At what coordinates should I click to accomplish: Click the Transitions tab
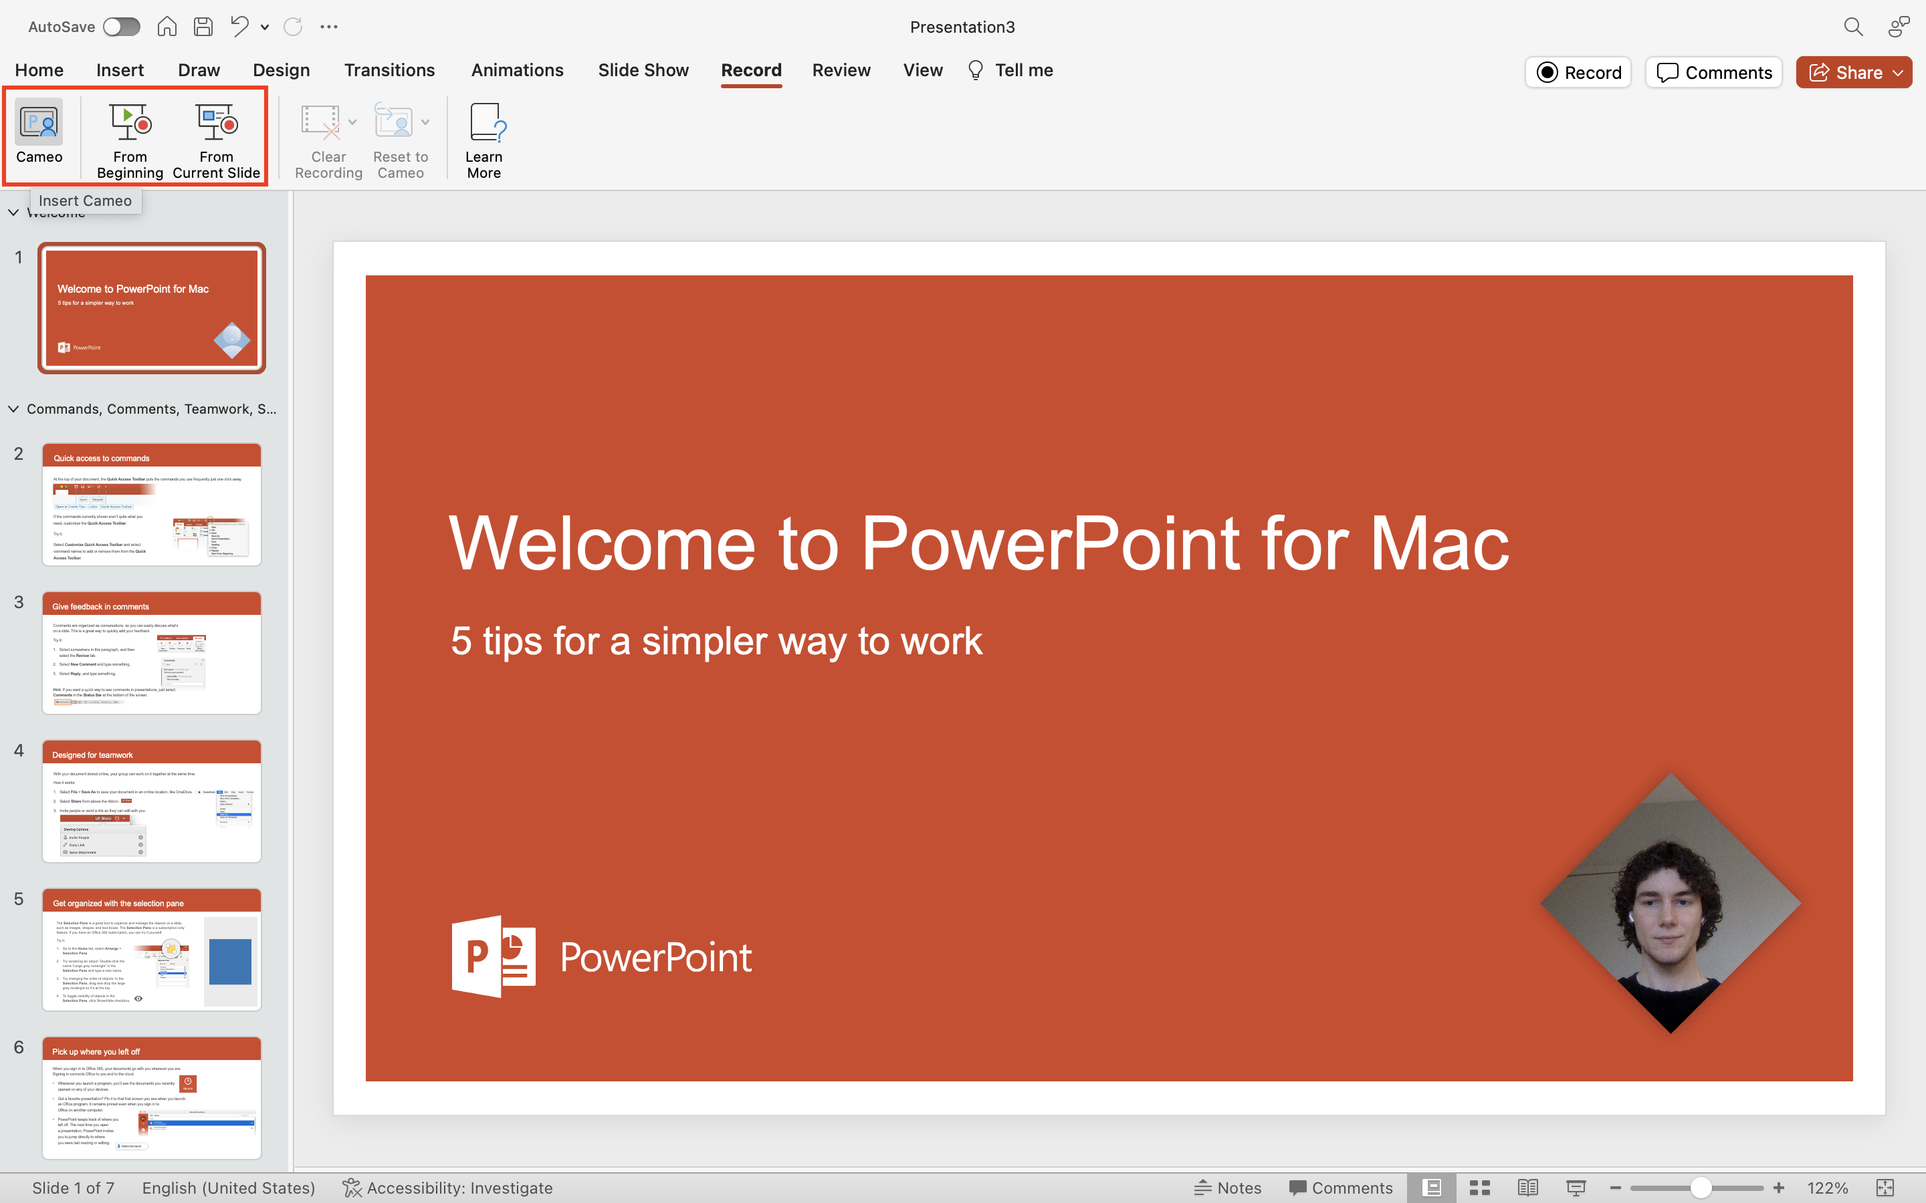(x=389, y=70)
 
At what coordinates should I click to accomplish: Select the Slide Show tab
(x=643, y=70)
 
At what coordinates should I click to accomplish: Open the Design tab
(x=281, y=70)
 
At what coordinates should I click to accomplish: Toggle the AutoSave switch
(x=121, y=27)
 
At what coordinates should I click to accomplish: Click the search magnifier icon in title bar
(x=1853, y=27)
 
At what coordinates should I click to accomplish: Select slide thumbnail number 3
(x=151, y=652)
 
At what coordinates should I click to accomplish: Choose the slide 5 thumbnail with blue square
(x=151, y=949)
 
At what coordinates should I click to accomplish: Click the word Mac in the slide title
(x=1439, y=544)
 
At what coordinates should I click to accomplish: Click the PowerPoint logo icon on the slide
(x=494, y=956)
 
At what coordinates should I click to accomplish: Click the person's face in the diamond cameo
(x=1670, y=907)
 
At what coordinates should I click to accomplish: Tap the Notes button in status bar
(x=1228, y=1188)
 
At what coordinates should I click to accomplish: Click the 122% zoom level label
(x=1826, y=1188)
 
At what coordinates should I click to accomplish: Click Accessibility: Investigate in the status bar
(x=448, y=1188)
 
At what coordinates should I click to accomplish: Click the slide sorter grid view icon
(x=1479, y=1188)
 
